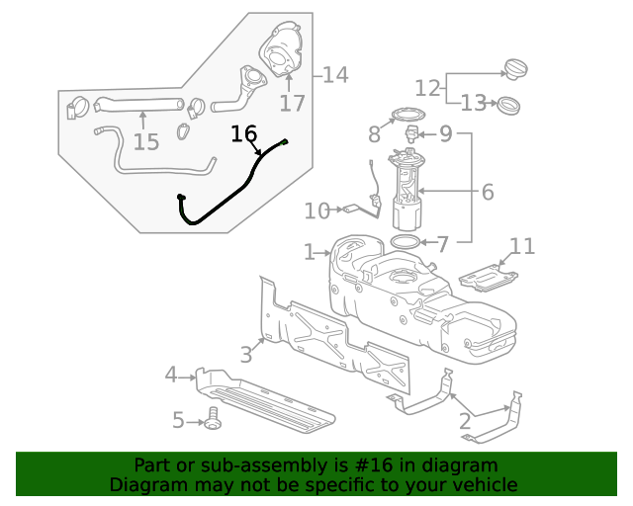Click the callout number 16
[x=243, y=133]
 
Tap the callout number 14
[x=334, y=74]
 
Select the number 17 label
[x=293, y=103]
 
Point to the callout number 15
[x=145, y=142]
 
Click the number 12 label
[x=427, y=87]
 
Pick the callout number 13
[x=474, y=103]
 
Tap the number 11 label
[x=522, y=246]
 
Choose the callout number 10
[x=316, y=211]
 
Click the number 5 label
[x=178, y=421]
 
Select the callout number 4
[x=171, y=375]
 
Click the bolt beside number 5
[x=213, y=418]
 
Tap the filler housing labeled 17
[x=284, y=49]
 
